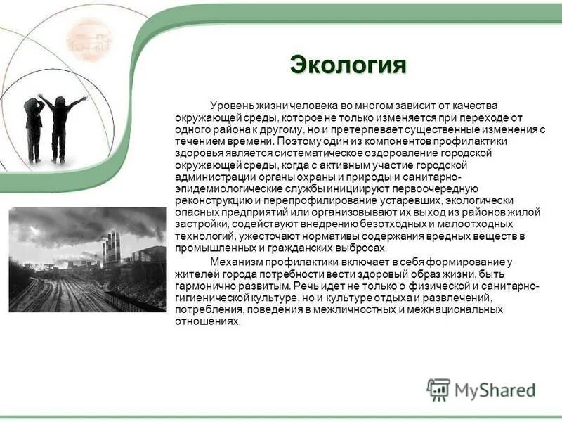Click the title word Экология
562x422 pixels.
click(x=348, y=65)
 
